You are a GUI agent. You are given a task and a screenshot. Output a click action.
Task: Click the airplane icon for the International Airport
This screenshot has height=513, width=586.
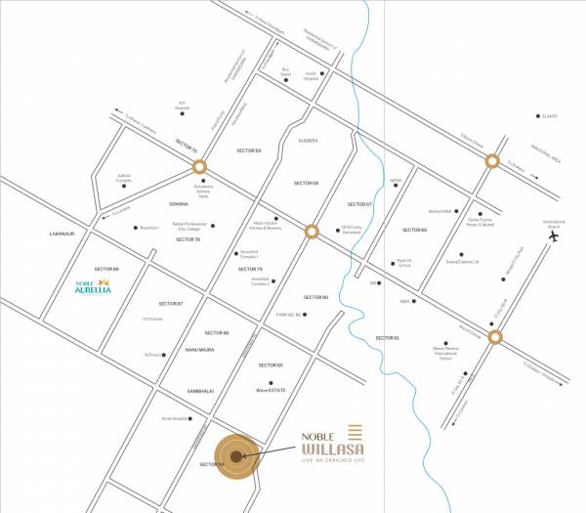(554, 235)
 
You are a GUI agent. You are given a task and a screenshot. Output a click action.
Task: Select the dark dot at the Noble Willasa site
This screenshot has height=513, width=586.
(235, 455)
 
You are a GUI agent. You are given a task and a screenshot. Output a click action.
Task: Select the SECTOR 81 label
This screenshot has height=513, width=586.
(388, 338)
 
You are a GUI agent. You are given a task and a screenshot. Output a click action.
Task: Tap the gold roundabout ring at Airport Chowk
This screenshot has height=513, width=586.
(494, 338)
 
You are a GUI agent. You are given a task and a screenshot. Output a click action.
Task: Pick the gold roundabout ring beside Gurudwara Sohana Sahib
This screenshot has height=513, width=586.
(199, 167)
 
